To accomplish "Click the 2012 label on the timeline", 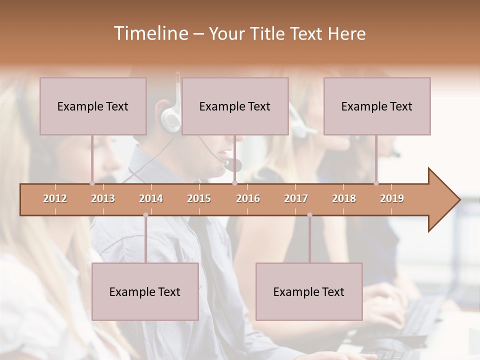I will [x=55, y=198].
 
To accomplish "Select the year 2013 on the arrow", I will [x=103, y=198].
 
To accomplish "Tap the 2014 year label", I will [x=151, y=198].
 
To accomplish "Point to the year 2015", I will [x=199, y=198].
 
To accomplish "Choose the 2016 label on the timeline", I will [x=248, y=198].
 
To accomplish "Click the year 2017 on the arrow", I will [x=296, y=198].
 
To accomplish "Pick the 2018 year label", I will [x=344, y=198].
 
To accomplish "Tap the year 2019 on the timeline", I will [x=392, y=198].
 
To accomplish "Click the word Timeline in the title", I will [x=150, y=33].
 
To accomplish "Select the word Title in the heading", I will [x=269, y=33].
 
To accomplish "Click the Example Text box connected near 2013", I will [x=93, y=106].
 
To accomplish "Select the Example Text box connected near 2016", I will [x=235, y=106].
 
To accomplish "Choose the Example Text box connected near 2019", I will [x=377, y=106].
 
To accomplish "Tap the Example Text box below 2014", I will [x=145, y=291].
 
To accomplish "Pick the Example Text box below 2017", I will [x=309, y=291].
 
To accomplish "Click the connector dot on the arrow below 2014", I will [x=145, y=215].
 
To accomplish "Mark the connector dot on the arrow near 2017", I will [x=309, y=215].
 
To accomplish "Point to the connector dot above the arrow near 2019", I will [x=376, y=183].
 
